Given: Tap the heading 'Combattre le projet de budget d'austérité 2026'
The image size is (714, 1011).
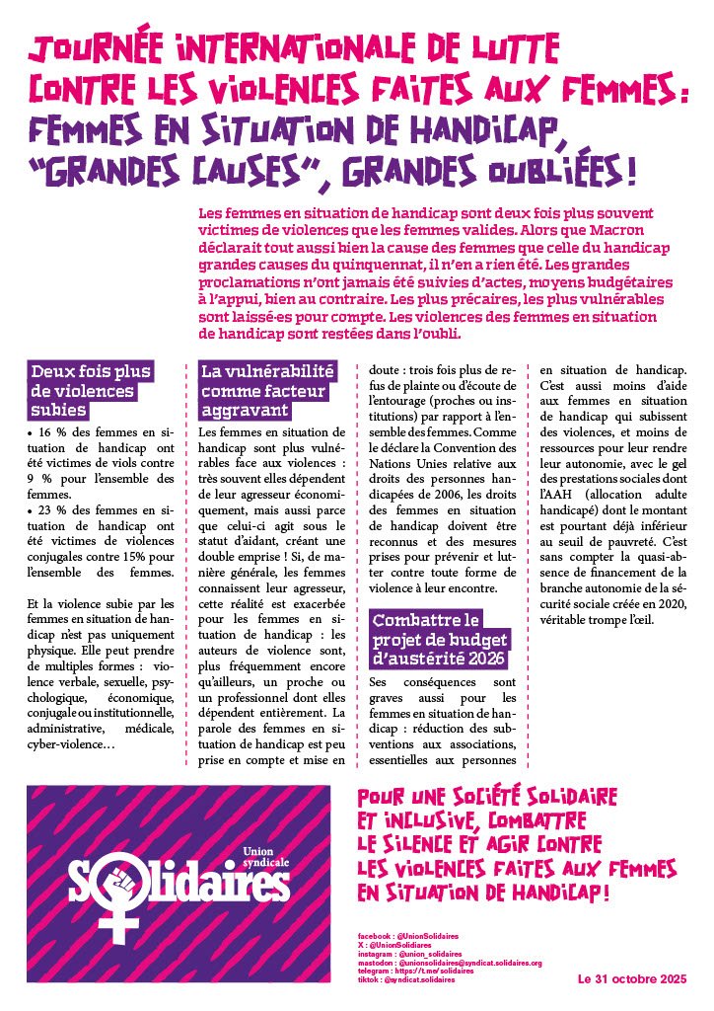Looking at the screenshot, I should click(x=438, y=638).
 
